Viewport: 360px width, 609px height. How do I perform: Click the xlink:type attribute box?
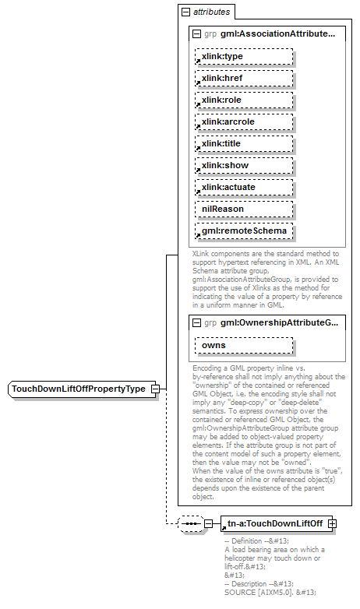click(x=244, y=56)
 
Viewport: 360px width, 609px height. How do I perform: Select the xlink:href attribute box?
click(x=244, y=78)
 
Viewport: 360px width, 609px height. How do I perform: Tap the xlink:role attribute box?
click(x=244, y=100)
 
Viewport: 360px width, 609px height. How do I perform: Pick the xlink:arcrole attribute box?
click(x=244, y=121)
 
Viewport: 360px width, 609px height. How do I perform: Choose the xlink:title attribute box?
click(x=244, y=143)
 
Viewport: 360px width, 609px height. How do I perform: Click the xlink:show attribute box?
click(x=244, y=165)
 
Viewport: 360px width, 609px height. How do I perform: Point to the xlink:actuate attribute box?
click(x=244, y=187)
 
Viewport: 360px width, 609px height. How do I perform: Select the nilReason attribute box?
click(x=244, y=209)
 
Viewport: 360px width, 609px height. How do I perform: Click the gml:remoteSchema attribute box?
click(x=244, y=231)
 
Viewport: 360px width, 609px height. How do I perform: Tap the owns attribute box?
click(x=244, y=345)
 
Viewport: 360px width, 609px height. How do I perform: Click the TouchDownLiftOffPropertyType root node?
click(x=78, y=389)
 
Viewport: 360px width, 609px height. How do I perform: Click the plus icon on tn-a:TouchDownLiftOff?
click(x=333, y=523)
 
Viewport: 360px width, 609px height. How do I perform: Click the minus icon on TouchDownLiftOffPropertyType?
click(x=155, y=389)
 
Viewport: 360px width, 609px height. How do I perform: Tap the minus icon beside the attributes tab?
click(x=185, y=12)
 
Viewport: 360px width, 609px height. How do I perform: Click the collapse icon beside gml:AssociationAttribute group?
click(x=196, y=34)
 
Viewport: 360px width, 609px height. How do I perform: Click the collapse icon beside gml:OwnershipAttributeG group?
click(x=196, y=322)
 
